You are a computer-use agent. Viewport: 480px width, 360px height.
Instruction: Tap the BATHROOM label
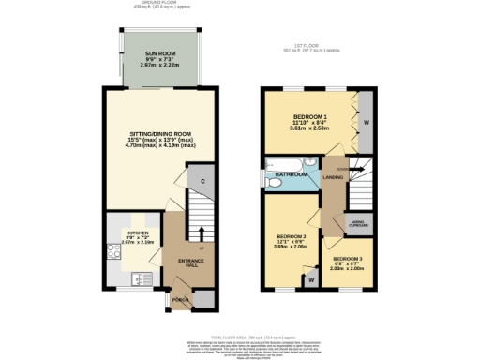291,174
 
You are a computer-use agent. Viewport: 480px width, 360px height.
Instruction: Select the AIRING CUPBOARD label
358,223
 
